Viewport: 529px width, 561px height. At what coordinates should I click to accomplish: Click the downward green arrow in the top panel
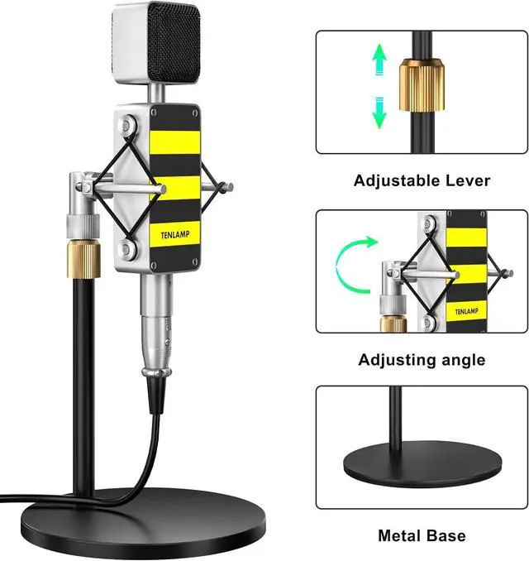click(379, 112)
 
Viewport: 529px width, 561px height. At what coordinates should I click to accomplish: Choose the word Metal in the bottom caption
click(401, 535)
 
